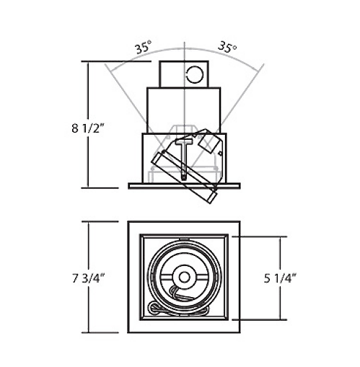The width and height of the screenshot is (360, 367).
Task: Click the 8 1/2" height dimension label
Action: click(87, 128)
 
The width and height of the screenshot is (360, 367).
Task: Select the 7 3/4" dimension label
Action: click(87, 278)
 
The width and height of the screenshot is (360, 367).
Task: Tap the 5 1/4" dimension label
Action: click(280, 278)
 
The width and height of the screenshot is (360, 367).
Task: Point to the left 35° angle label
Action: click(143, 47)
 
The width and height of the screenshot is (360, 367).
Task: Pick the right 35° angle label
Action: click(227, 47)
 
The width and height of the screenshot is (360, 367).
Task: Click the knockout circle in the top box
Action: click(195, 74)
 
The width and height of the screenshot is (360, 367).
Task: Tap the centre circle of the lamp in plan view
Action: click(184, 278)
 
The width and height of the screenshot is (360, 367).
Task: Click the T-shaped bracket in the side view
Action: click(184, 159)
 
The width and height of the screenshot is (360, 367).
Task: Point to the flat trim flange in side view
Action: click(184, 186)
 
